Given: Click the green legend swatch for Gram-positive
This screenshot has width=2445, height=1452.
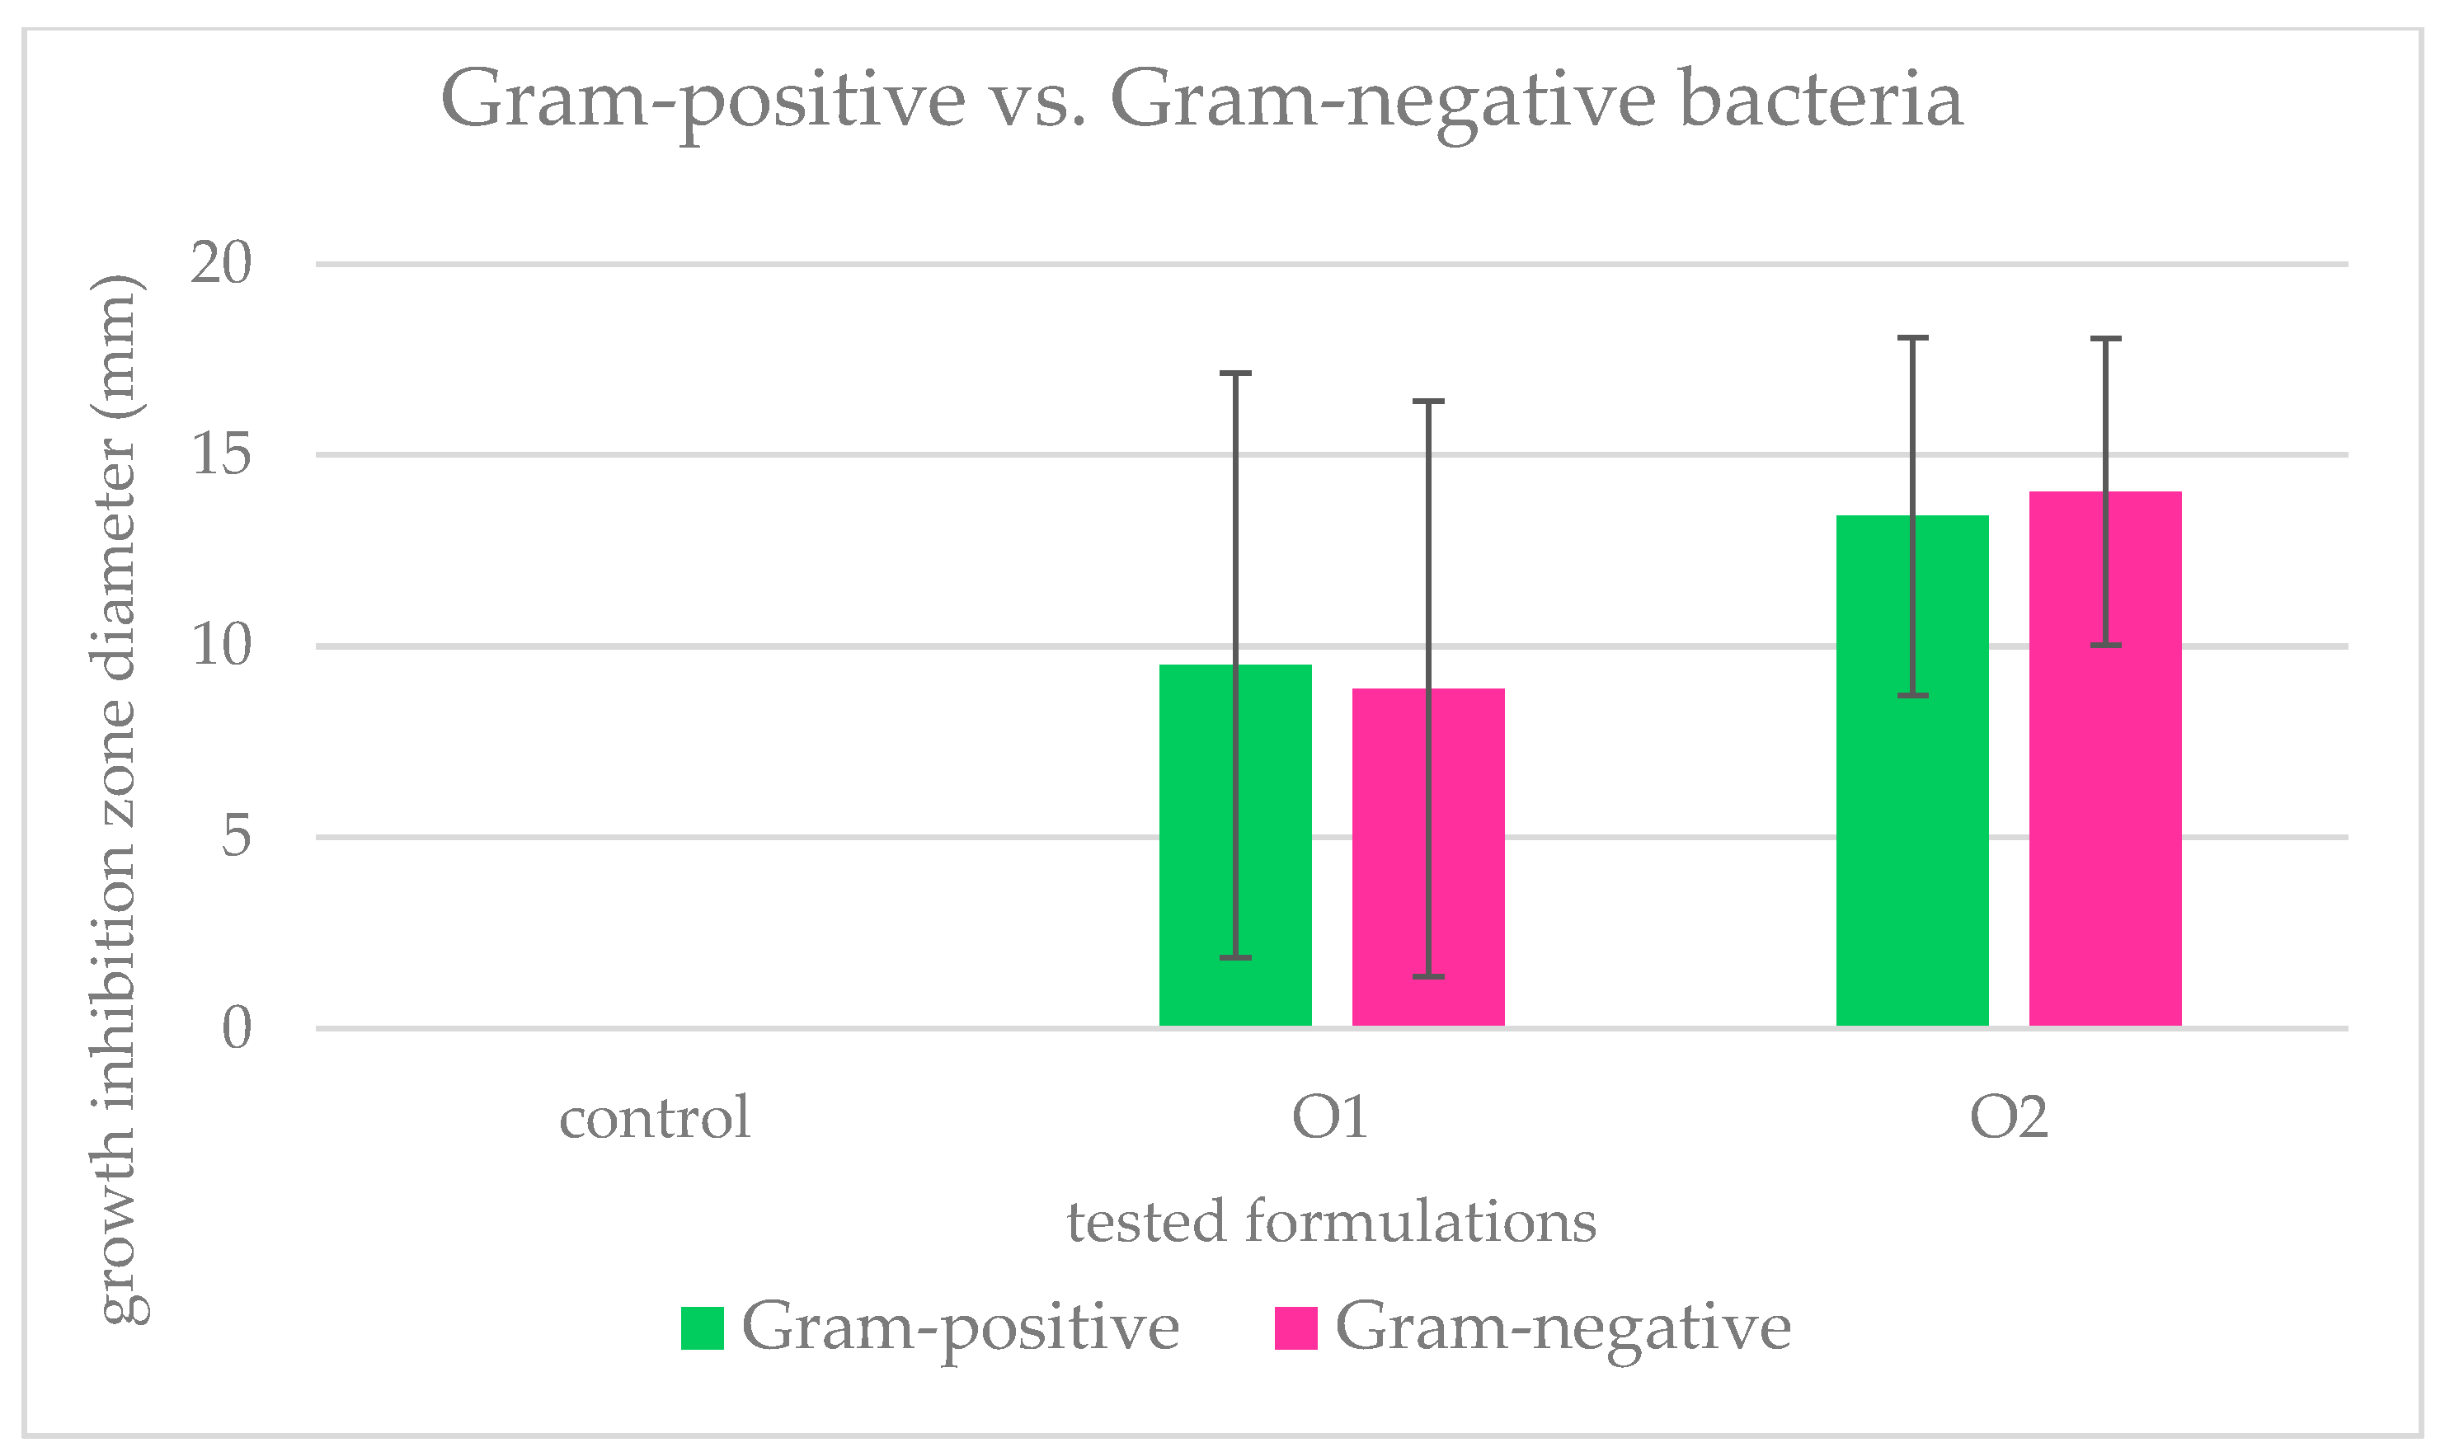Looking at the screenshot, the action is point(702,1327).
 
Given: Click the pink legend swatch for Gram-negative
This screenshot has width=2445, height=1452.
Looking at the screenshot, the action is point(1295,1327).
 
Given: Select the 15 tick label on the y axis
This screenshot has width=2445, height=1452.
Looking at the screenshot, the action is point(221,454).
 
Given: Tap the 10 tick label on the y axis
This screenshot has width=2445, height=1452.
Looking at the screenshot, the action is point(221,645).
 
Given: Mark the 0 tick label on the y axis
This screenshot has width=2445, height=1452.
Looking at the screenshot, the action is point(237,1027).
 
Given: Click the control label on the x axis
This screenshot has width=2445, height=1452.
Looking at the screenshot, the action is point(655,1117).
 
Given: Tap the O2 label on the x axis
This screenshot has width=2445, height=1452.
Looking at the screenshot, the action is point(2008,1117).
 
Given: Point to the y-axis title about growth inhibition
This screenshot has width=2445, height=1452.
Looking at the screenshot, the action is point(120,798).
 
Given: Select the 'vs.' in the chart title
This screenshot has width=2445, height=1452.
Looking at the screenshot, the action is point(1037,101).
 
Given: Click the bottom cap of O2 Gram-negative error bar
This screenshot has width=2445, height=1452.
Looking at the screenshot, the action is point(2104,645).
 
